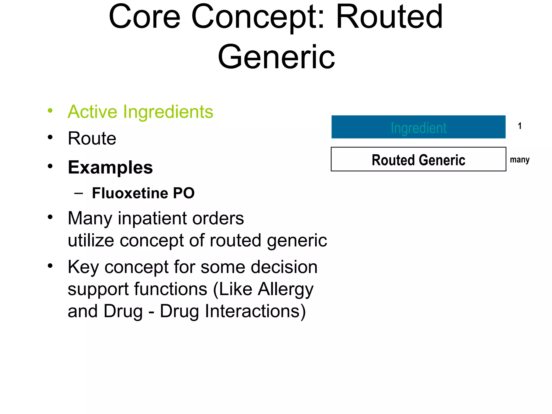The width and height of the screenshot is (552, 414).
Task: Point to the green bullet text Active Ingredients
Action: click(x=140, y=112)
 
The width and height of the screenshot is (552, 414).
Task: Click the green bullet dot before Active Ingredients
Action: click(x=50, y=110)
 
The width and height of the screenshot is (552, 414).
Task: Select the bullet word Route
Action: click(x=92, y=138)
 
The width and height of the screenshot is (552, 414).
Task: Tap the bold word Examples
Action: click(x=110, y=167)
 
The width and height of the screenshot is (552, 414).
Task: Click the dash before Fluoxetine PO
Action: click(x=78, y=193)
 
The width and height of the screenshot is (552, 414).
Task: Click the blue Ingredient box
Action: click(x=418, y=127)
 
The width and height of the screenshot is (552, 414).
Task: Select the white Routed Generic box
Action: click(x=418, y=159)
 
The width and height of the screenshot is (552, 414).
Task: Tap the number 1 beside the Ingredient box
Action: click(x=520, y=126)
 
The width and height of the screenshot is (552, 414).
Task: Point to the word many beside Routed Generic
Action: click(x=520, y=160)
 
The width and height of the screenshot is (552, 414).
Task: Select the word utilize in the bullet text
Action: click(x=91, y=240)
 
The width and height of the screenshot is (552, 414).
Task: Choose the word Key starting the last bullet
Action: click(x=83, y=267)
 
